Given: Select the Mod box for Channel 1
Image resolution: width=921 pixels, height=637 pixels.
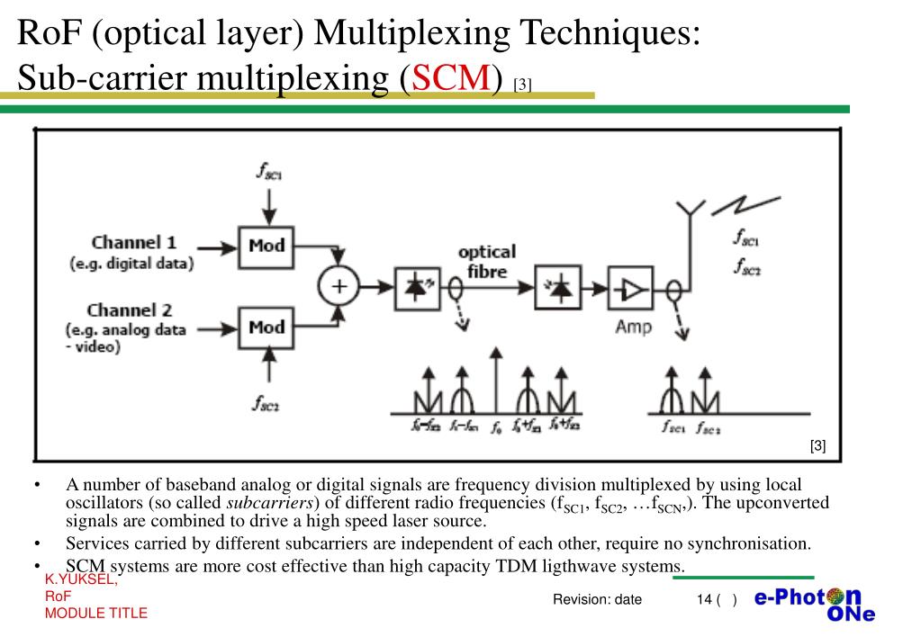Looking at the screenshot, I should (266, 246).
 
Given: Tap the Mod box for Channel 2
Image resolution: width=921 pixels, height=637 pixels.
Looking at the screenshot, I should (266, 327).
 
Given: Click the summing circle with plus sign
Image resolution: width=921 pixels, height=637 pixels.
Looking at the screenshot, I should (339, 287).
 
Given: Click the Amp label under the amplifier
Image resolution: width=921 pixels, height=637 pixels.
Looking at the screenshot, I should (633, 327).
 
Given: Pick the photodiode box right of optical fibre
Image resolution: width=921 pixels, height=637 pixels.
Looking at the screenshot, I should (559, 287).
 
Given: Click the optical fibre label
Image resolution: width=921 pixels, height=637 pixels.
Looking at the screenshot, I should (487, 261).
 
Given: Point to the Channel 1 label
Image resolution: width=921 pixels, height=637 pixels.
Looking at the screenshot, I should (134, 242).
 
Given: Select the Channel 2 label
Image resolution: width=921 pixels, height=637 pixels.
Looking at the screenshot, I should (130, 310).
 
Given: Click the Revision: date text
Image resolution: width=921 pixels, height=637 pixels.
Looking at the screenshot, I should (597, 600).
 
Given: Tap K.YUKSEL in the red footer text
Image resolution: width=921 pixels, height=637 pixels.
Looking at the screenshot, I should (81, 580).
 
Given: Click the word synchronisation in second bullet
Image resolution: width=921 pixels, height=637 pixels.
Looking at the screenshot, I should (745, 543).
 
